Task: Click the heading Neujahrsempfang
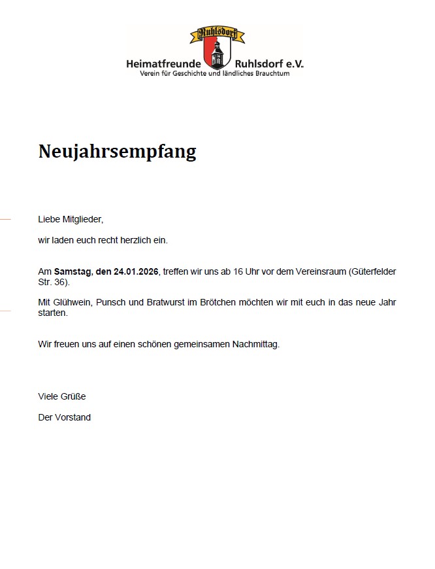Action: tap(117, 152)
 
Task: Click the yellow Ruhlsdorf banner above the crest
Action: tap(217, 34)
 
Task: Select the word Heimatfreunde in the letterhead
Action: tap(164, 64)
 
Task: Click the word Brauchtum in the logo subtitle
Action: tap(270, 73)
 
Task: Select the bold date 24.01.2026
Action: tap(137, 271)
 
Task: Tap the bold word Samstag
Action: tap(72, 271)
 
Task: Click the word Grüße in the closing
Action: tap(73, 396)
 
